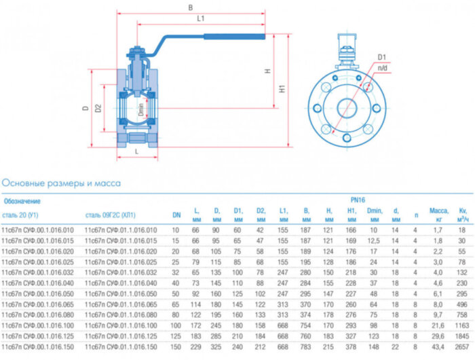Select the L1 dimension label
click(201, 19)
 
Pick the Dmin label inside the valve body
click(141, 109)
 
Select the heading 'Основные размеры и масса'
click(62, 183)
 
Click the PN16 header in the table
click(358, 201)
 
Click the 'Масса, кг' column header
click(439, 215)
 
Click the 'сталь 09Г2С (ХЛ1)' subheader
click(111, 215)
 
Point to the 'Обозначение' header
click(22, 201)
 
